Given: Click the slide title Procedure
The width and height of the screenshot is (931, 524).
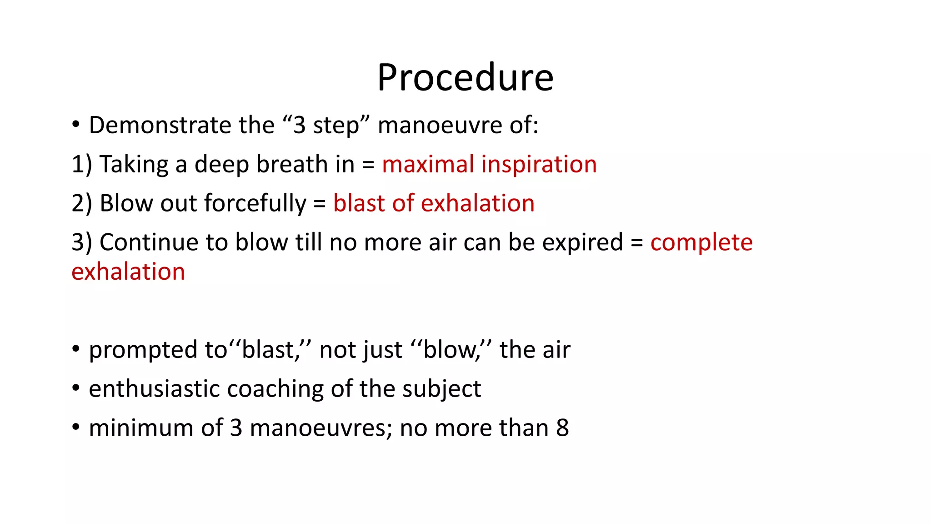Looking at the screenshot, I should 465,77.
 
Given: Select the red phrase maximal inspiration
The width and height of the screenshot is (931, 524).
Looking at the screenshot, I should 489,164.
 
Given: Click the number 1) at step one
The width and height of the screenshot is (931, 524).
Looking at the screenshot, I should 82,164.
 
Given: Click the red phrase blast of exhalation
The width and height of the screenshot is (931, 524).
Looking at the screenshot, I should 434,203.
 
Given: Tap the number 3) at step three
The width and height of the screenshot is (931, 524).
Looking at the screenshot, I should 82,242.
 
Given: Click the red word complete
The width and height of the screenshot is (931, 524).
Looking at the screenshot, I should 701,242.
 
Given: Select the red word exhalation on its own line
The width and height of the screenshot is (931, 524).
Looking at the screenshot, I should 128,272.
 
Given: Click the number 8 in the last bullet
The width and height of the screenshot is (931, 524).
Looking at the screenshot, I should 562,428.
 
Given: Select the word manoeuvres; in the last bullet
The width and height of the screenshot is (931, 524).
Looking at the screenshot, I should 321,428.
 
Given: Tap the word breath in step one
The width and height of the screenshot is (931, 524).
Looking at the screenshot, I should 292,164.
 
